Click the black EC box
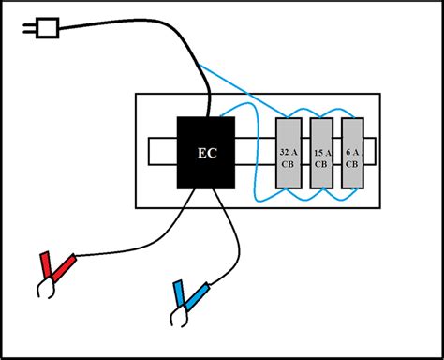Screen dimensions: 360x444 pyautogui.click(x=206, y=152)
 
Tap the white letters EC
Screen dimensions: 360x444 pyautogui.click(x=206, y=153)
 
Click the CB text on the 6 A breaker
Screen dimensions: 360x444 pyautogui.click(x=352, y=162)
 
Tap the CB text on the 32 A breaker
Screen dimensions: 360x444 pyautogui.click(x=289, y=162)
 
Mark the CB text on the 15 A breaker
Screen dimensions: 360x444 pyautogui.click(x=321, y=162)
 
